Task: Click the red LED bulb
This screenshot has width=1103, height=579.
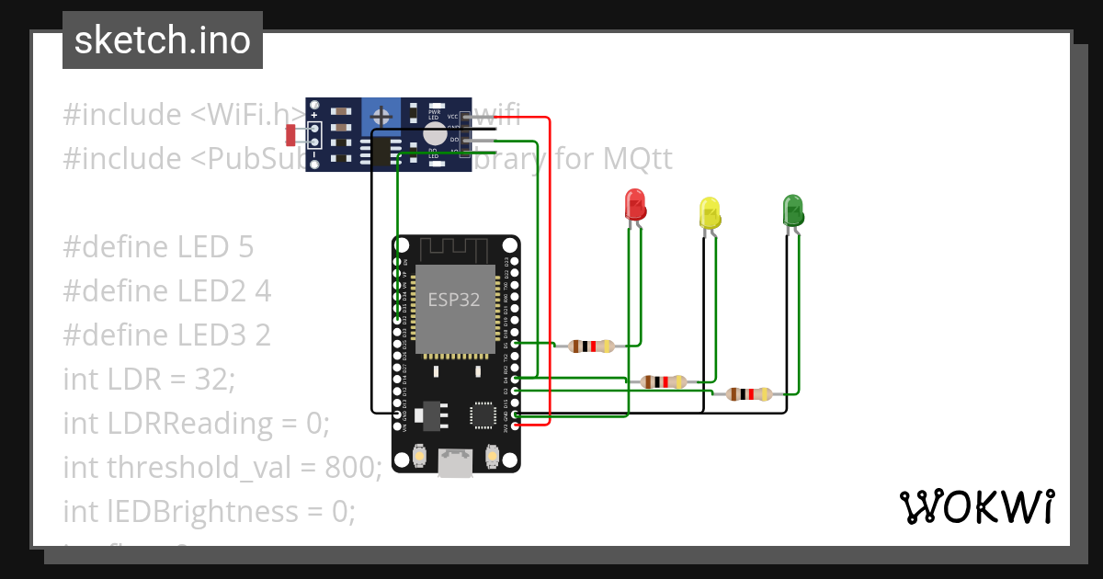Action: [x=634, y=205]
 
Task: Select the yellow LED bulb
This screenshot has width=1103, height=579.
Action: [x=709, y=212]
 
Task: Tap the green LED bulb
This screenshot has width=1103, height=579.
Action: [x=792, y=210]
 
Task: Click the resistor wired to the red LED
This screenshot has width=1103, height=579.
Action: [x=591, y=346]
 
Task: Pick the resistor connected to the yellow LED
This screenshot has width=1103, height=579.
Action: [x=663, y=381]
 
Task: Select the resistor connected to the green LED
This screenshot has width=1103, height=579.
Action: [x=748, y=394]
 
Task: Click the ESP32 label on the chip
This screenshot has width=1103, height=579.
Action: [x=454, y=300]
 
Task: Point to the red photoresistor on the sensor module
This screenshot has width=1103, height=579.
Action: [x=291, y=134]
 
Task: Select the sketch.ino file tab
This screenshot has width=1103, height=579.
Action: [x=163, y=40]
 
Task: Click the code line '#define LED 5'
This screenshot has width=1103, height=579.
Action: [x=158, y=246]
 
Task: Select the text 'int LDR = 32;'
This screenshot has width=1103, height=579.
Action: [x=150, y=379]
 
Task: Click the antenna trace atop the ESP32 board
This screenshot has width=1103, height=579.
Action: [x=456, y=249]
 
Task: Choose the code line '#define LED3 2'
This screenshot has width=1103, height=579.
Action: [x=166, y=335]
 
